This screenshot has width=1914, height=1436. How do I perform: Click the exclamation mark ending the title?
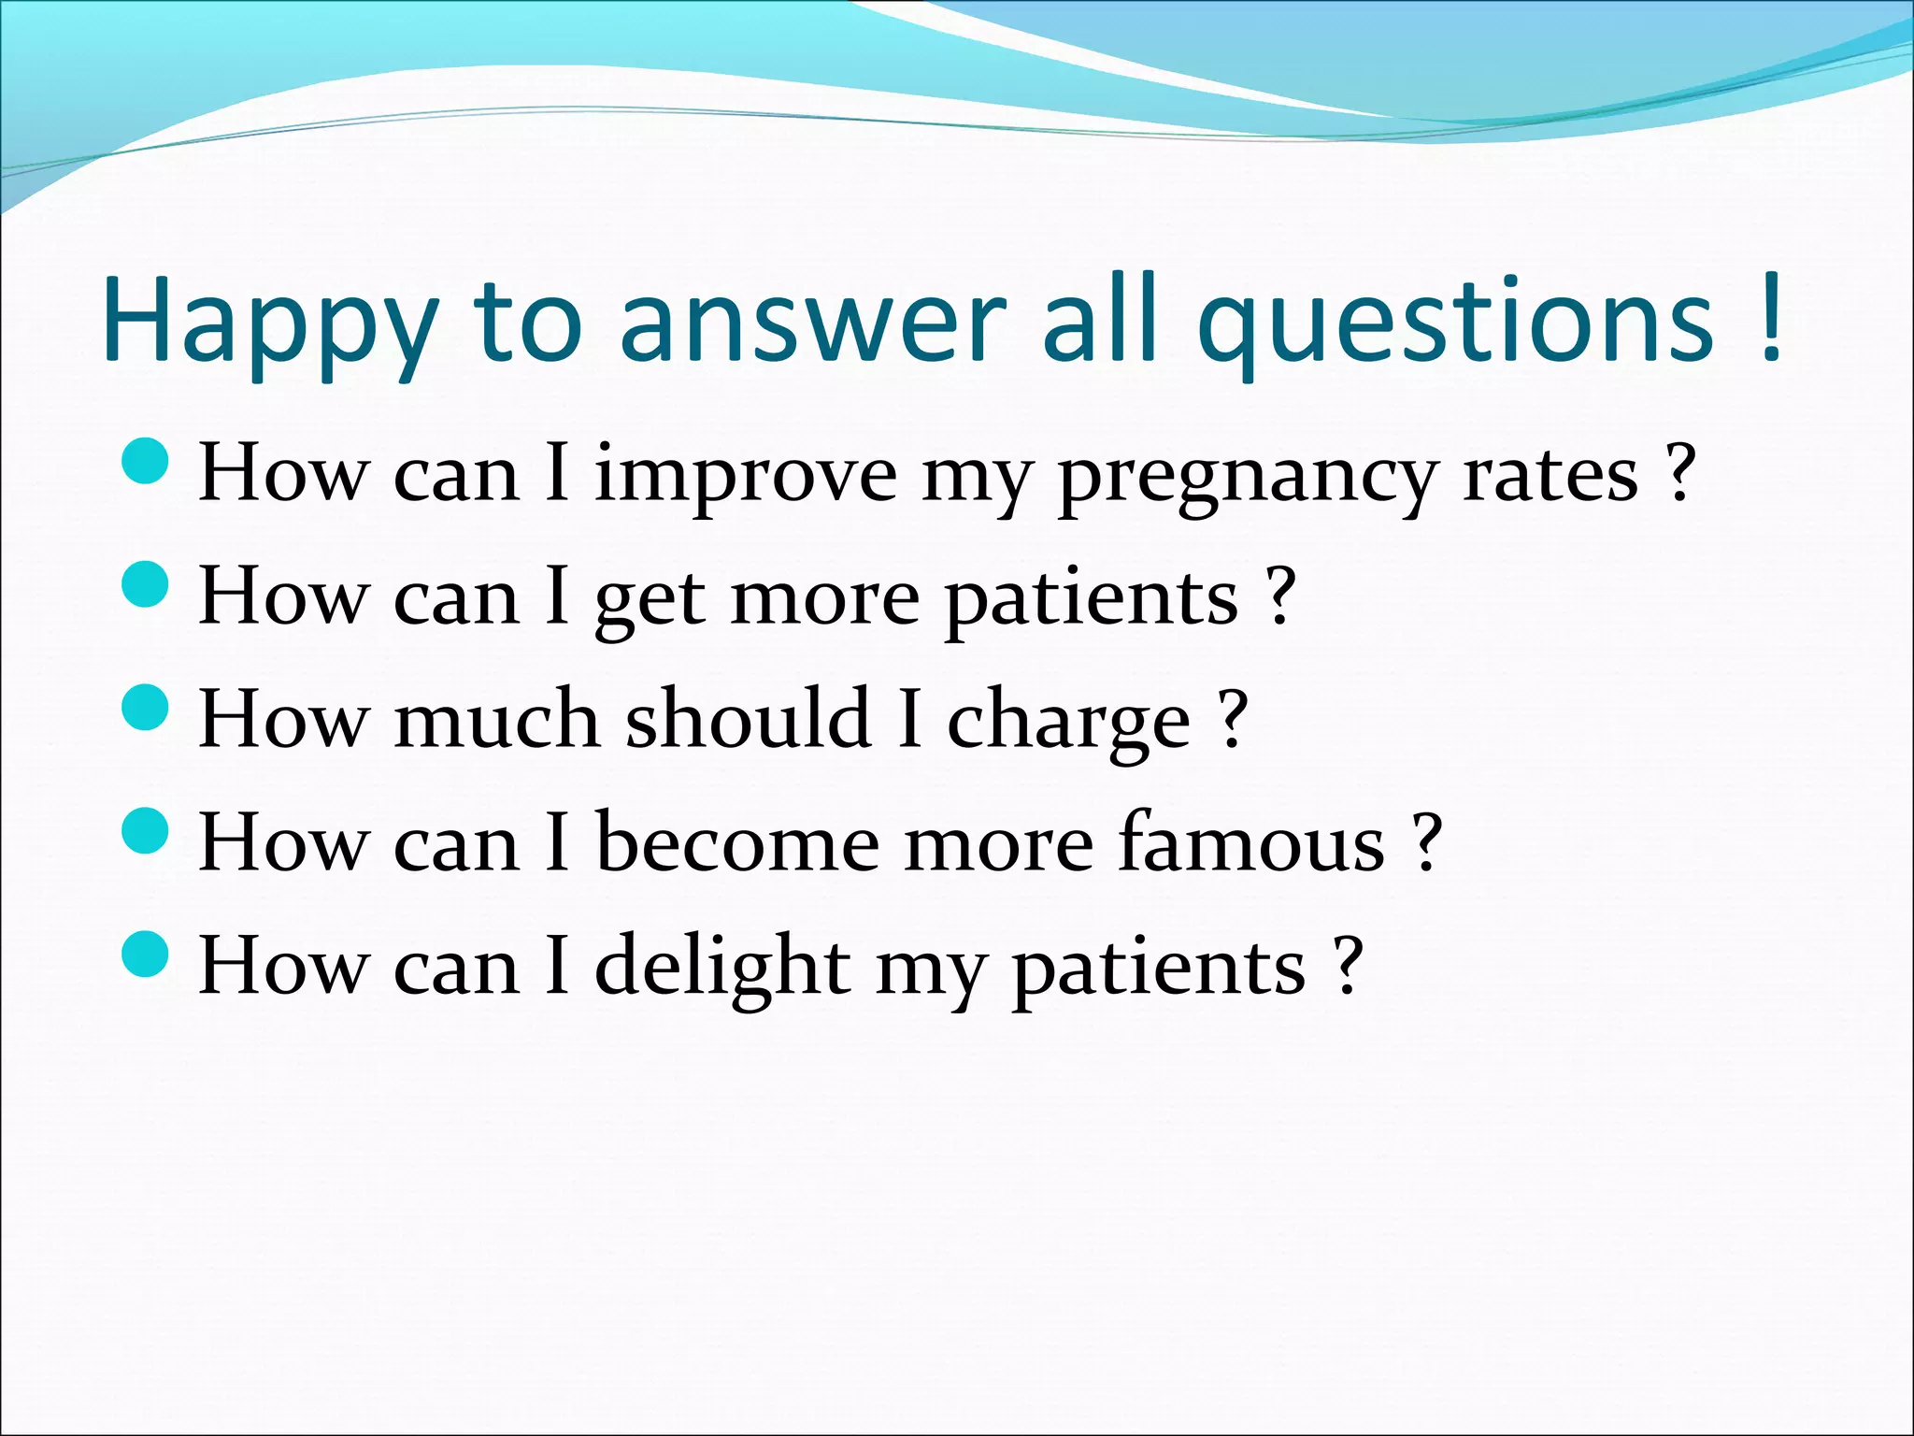(x=1768, y=318)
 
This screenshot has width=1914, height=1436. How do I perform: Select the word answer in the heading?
(x=813, y=323)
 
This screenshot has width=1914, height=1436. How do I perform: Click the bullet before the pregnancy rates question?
(x=145, y=461)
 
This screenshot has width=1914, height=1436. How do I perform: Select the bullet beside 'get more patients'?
(x=145, y=584)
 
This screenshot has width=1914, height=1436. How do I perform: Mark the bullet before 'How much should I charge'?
(x=145, y=707)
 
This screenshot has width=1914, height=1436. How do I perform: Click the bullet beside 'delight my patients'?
(x=145, y=954)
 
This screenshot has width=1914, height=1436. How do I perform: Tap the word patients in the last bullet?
(x=1159, y=969)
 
